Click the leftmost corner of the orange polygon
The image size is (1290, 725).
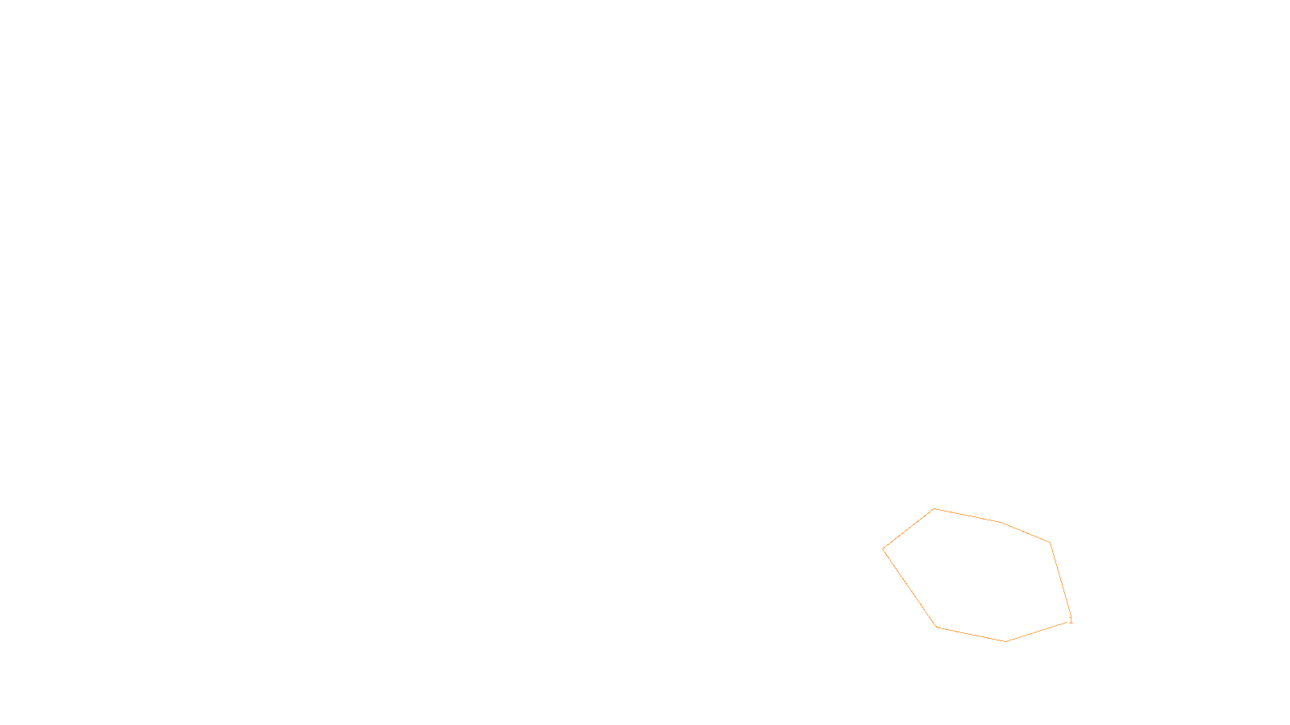(x=883, y=549)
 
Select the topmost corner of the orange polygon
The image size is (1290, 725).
(x=934, y=508)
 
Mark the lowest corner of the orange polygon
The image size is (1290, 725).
(x=1005, y=641)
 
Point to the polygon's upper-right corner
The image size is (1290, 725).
(x=1050, y=543)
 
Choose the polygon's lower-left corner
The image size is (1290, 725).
(x=937, y=627)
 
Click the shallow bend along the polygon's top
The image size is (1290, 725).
(x=1001, y=522)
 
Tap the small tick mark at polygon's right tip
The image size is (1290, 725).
(x=1071, y=620)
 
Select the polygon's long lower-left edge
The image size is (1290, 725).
(x=909, y=588)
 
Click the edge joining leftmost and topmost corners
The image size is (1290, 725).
(x=909, y=529)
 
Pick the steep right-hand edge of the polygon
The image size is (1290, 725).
(x=1060, y=581)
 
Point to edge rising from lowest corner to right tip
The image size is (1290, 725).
(x=1038, y=631)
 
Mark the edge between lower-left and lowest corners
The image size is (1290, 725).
(x=971, y=634)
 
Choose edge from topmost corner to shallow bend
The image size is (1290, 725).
(x=967, y=516)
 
